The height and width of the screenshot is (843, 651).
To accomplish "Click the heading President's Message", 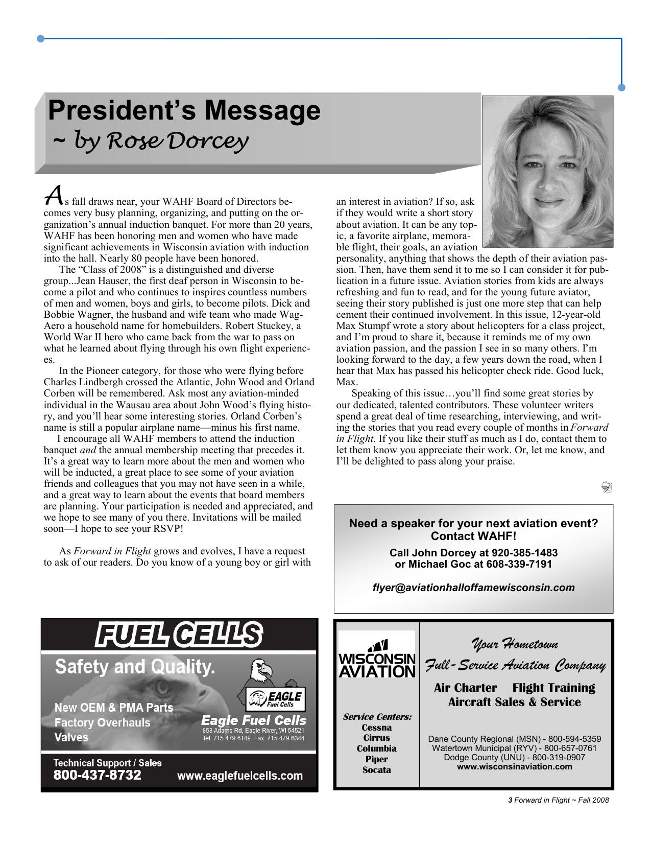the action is tap(184, 110).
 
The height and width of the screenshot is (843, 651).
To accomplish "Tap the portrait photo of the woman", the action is tap(547, 171).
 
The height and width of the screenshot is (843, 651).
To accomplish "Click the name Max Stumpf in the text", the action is tap(359, 326).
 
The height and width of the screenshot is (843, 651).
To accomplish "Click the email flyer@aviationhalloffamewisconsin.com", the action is tap(473, 588).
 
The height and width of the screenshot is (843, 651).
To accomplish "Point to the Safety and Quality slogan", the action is tap(135, 667).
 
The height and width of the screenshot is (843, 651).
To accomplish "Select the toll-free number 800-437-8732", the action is tap(98, 775).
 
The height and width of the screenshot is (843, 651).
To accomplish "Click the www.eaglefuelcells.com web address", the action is tap(239, 776).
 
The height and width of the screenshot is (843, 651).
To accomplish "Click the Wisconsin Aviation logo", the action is tap(377, 659).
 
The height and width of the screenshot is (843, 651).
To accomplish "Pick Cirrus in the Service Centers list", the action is tap(377, 738).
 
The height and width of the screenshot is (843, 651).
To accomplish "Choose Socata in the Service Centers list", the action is tap(377, 770).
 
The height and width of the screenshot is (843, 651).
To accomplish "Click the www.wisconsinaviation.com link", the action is tap(514, 766).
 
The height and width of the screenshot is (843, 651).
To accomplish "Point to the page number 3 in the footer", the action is tap(510, 801).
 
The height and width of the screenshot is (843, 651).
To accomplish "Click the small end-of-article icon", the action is tap(607, 487).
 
